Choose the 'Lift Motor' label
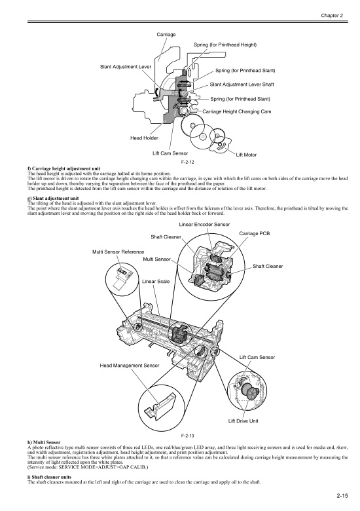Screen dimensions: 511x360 pos(247,154)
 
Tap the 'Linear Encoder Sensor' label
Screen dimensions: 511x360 pos(204,225)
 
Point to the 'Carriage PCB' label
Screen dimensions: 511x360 pos(255,233)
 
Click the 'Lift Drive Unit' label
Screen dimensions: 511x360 pos(243,421)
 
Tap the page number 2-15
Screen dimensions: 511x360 pos(338,497)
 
